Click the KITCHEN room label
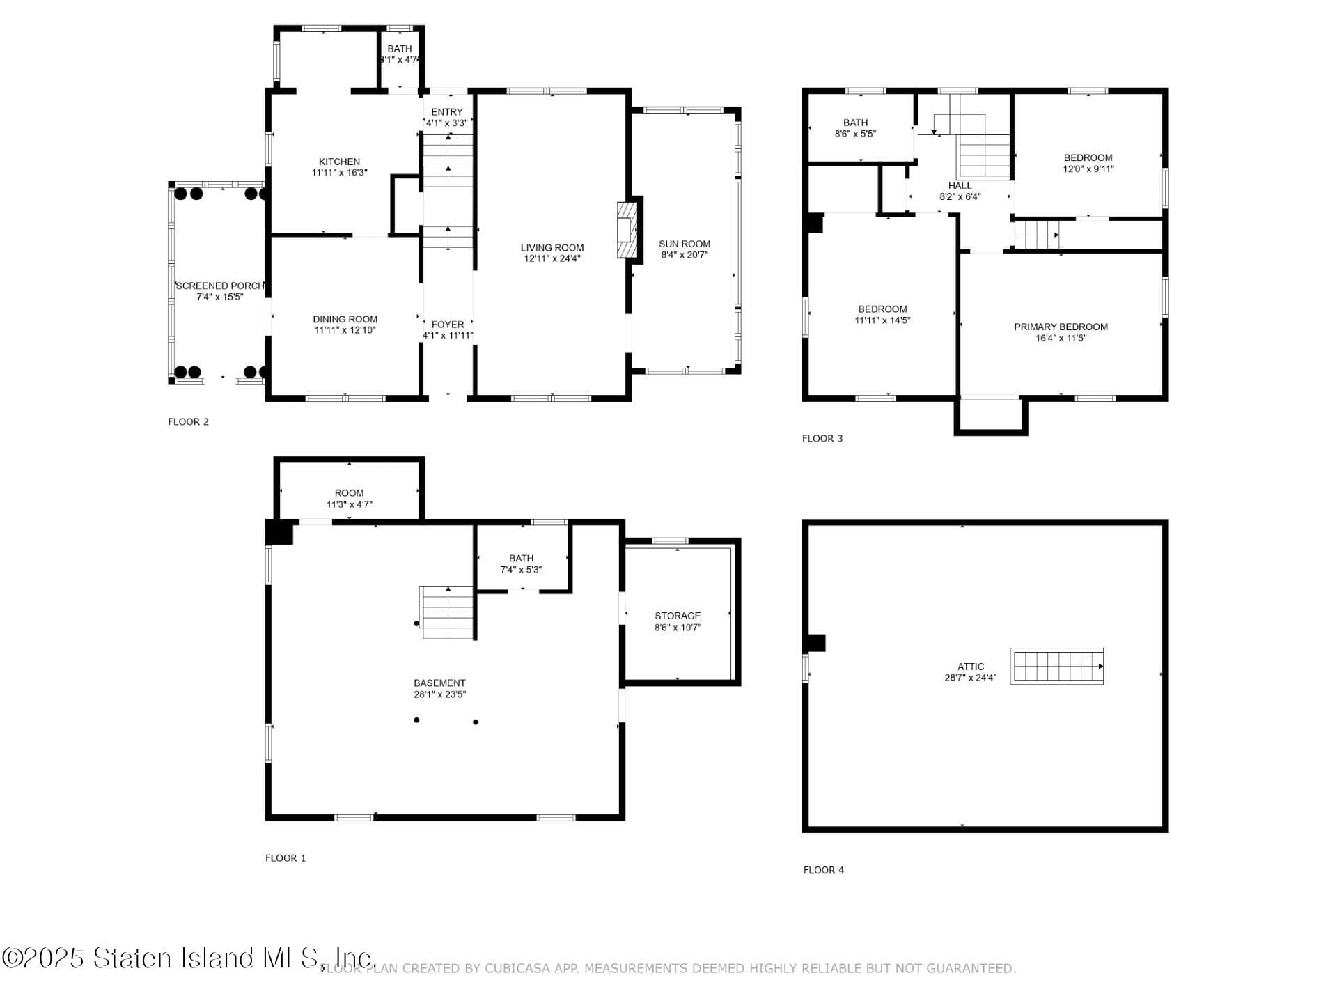coord(339,162)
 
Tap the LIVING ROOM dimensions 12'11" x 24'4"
coord(552,258)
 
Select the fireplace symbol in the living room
coord(627,230)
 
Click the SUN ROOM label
coord(685,244)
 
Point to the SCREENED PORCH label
coord(220,286)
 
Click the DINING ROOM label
coord(345,319)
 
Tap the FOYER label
coord(448,325)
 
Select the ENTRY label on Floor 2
coord(447,112)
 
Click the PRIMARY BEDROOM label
coord(1061,327)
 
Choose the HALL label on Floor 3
coord(960,185)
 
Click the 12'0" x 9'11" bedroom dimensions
coord(1088,169)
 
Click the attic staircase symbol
coord(1056,667)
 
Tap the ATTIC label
coord(971,667)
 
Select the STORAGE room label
coord(678,616)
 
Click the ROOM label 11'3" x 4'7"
coord(349,493)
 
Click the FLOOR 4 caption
coord(823,870)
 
